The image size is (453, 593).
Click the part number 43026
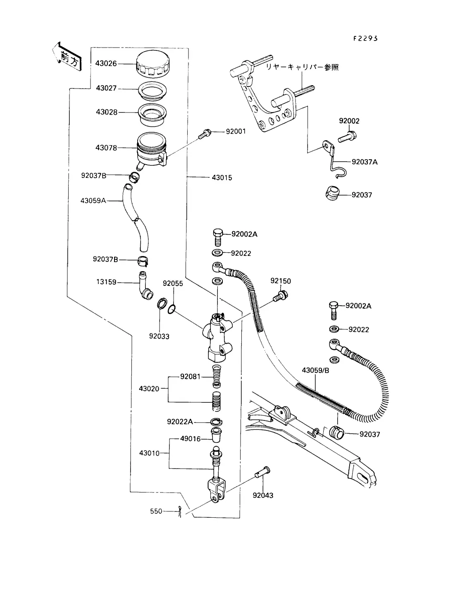click(106, 64)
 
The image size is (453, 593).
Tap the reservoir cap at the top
click(152, 65)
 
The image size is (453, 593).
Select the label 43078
click(106, 148)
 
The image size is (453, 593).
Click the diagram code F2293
click(365, 38)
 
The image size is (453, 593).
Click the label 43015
click(222, 178)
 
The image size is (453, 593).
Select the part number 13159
click(106, 282)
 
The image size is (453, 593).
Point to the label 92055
click(173, 284)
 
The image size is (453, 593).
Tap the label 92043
click(263, 495)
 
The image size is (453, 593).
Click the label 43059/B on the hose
click(315, 370)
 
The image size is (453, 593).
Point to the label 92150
click(281, 281)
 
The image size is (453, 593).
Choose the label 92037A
click(365, 162)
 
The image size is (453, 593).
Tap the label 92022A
click(180, 422)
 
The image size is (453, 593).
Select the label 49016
click(190, 439)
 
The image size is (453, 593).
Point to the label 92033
click(159, 336)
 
